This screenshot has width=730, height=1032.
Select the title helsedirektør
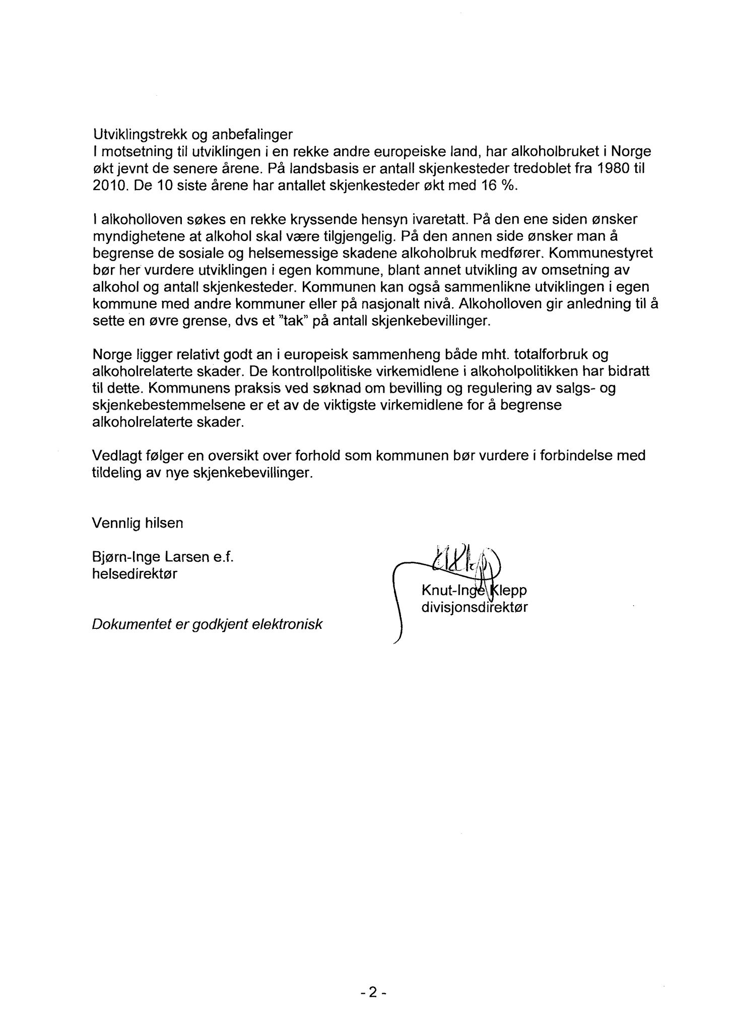pos(135,574)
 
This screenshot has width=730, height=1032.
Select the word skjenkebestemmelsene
pos(175,405)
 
